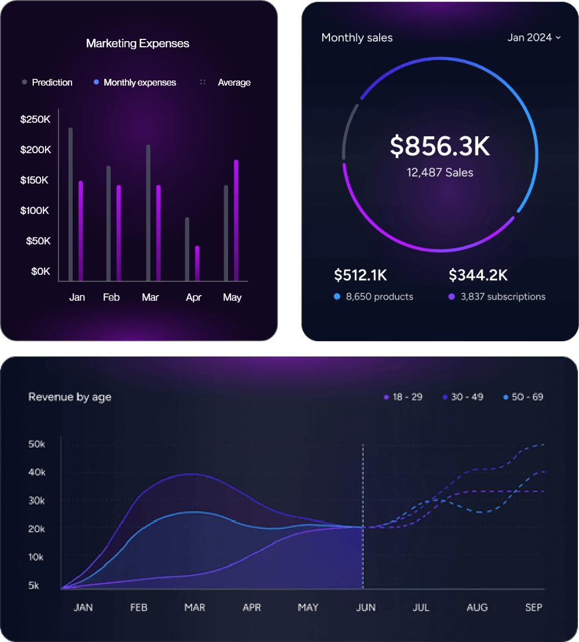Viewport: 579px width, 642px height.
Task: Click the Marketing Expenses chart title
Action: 137,43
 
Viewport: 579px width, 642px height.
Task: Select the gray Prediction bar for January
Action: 70,203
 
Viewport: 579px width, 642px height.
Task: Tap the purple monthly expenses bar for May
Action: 236,220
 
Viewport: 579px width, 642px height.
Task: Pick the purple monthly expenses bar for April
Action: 197,263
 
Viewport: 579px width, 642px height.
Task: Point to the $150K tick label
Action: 35,180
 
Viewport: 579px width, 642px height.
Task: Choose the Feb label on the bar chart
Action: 111,297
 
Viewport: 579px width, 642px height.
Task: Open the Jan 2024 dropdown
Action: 533,38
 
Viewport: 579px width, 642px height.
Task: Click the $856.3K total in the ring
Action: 440,146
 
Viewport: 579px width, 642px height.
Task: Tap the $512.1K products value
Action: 360,275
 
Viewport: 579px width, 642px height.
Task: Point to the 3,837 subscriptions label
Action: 502,297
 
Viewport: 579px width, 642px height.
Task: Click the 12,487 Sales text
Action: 440,173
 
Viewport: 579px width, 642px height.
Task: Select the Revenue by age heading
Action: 70,397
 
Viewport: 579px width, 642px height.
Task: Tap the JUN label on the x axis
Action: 366,608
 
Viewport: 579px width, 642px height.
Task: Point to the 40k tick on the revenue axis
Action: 37,472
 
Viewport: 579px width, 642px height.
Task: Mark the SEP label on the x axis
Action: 533,608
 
